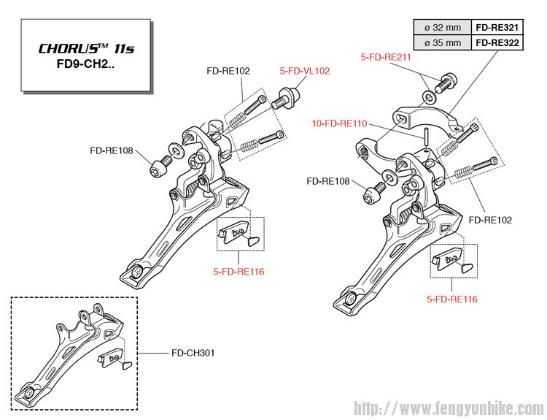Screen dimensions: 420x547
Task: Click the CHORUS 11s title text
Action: click(x=86, y=49)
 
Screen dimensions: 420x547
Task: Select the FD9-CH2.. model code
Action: click(x=86, y=66)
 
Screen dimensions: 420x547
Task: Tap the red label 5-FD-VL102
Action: click(x=305, y=71)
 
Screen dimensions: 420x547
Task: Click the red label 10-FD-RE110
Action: click(x=340, y=124)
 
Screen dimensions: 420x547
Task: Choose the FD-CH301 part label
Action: click(x=193, y=353)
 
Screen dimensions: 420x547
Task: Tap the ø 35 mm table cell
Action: click(x=443, y=42)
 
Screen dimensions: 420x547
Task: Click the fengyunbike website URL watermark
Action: click(x=449, y=407)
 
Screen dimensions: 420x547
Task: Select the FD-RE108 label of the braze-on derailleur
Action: click(x=112, y=151)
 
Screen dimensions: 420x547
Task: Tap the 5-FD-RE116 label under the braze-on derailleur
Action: click(x=238, y=272)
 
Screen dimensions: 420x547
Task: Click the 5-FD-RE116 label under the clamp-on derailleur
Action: click(x=453, y=299)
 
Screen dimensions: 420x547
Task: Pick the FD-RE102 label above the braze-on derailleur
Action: click(x=228, y=71)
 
